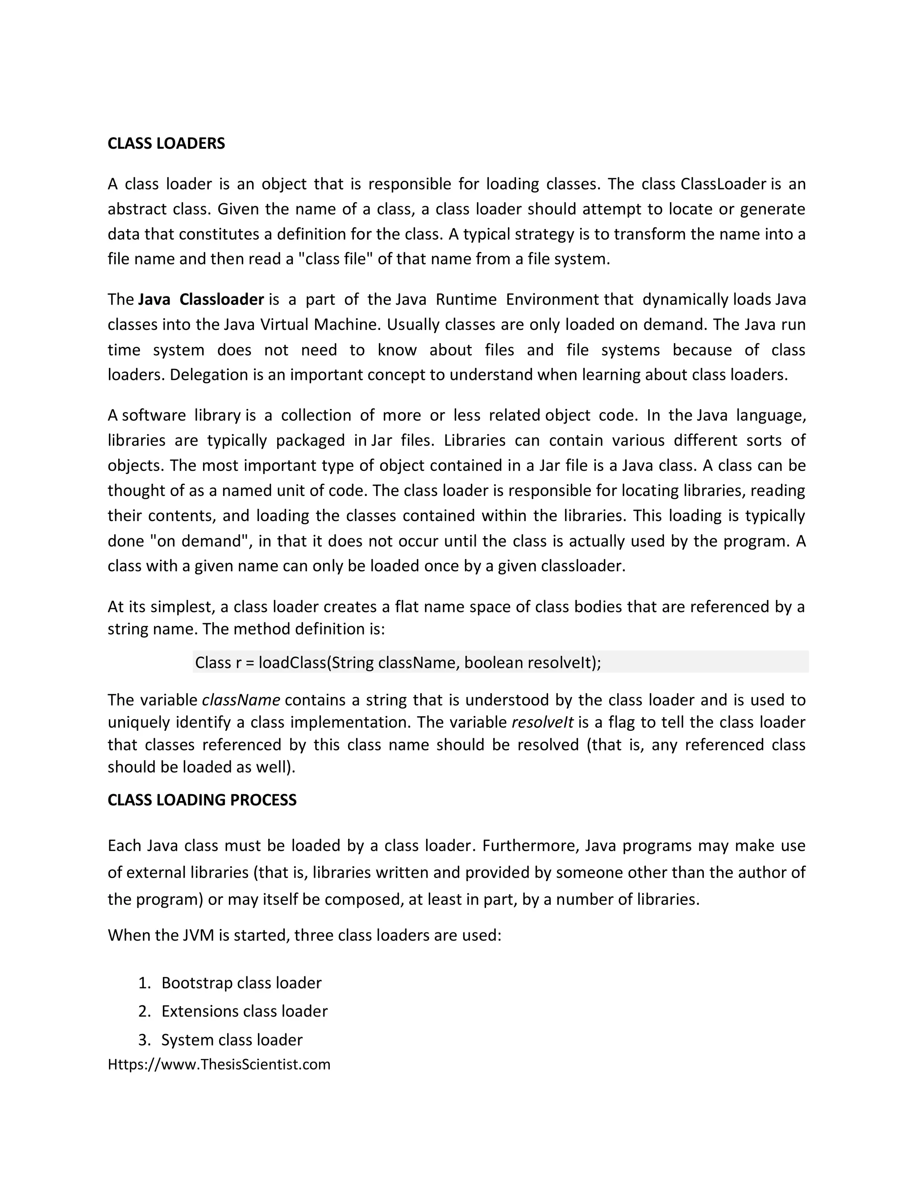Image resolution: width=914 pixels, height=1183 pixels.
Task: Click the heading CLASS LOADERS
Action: click(166, 144)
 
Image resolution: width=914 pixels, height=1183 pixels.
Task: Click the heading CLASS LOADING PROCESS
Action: click(202, 800)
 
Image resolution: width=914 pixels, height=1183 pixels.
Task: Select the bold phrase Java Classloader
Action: click(201, 300)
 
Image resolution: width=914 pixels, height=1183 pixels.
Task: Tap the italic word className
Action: click(241, 700)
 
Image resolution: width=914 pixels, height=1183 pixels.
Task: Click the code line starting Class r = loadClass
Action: click(398, 662)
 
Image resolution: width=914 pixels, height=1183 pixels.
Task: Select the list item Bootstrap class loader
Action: click(241, 983)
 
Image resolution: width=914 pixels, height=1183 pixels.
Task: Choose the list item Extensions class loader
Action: click(244, 1011)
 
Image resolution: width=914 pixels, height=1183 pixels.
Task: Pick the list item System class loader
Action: click(232, 1040)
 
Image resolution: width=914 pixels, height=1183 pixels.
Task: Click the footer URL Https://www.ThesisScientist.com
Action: click(219, 1064)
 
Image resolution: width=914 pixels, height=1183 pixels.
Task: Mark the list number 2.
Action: click(144, 1011)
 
